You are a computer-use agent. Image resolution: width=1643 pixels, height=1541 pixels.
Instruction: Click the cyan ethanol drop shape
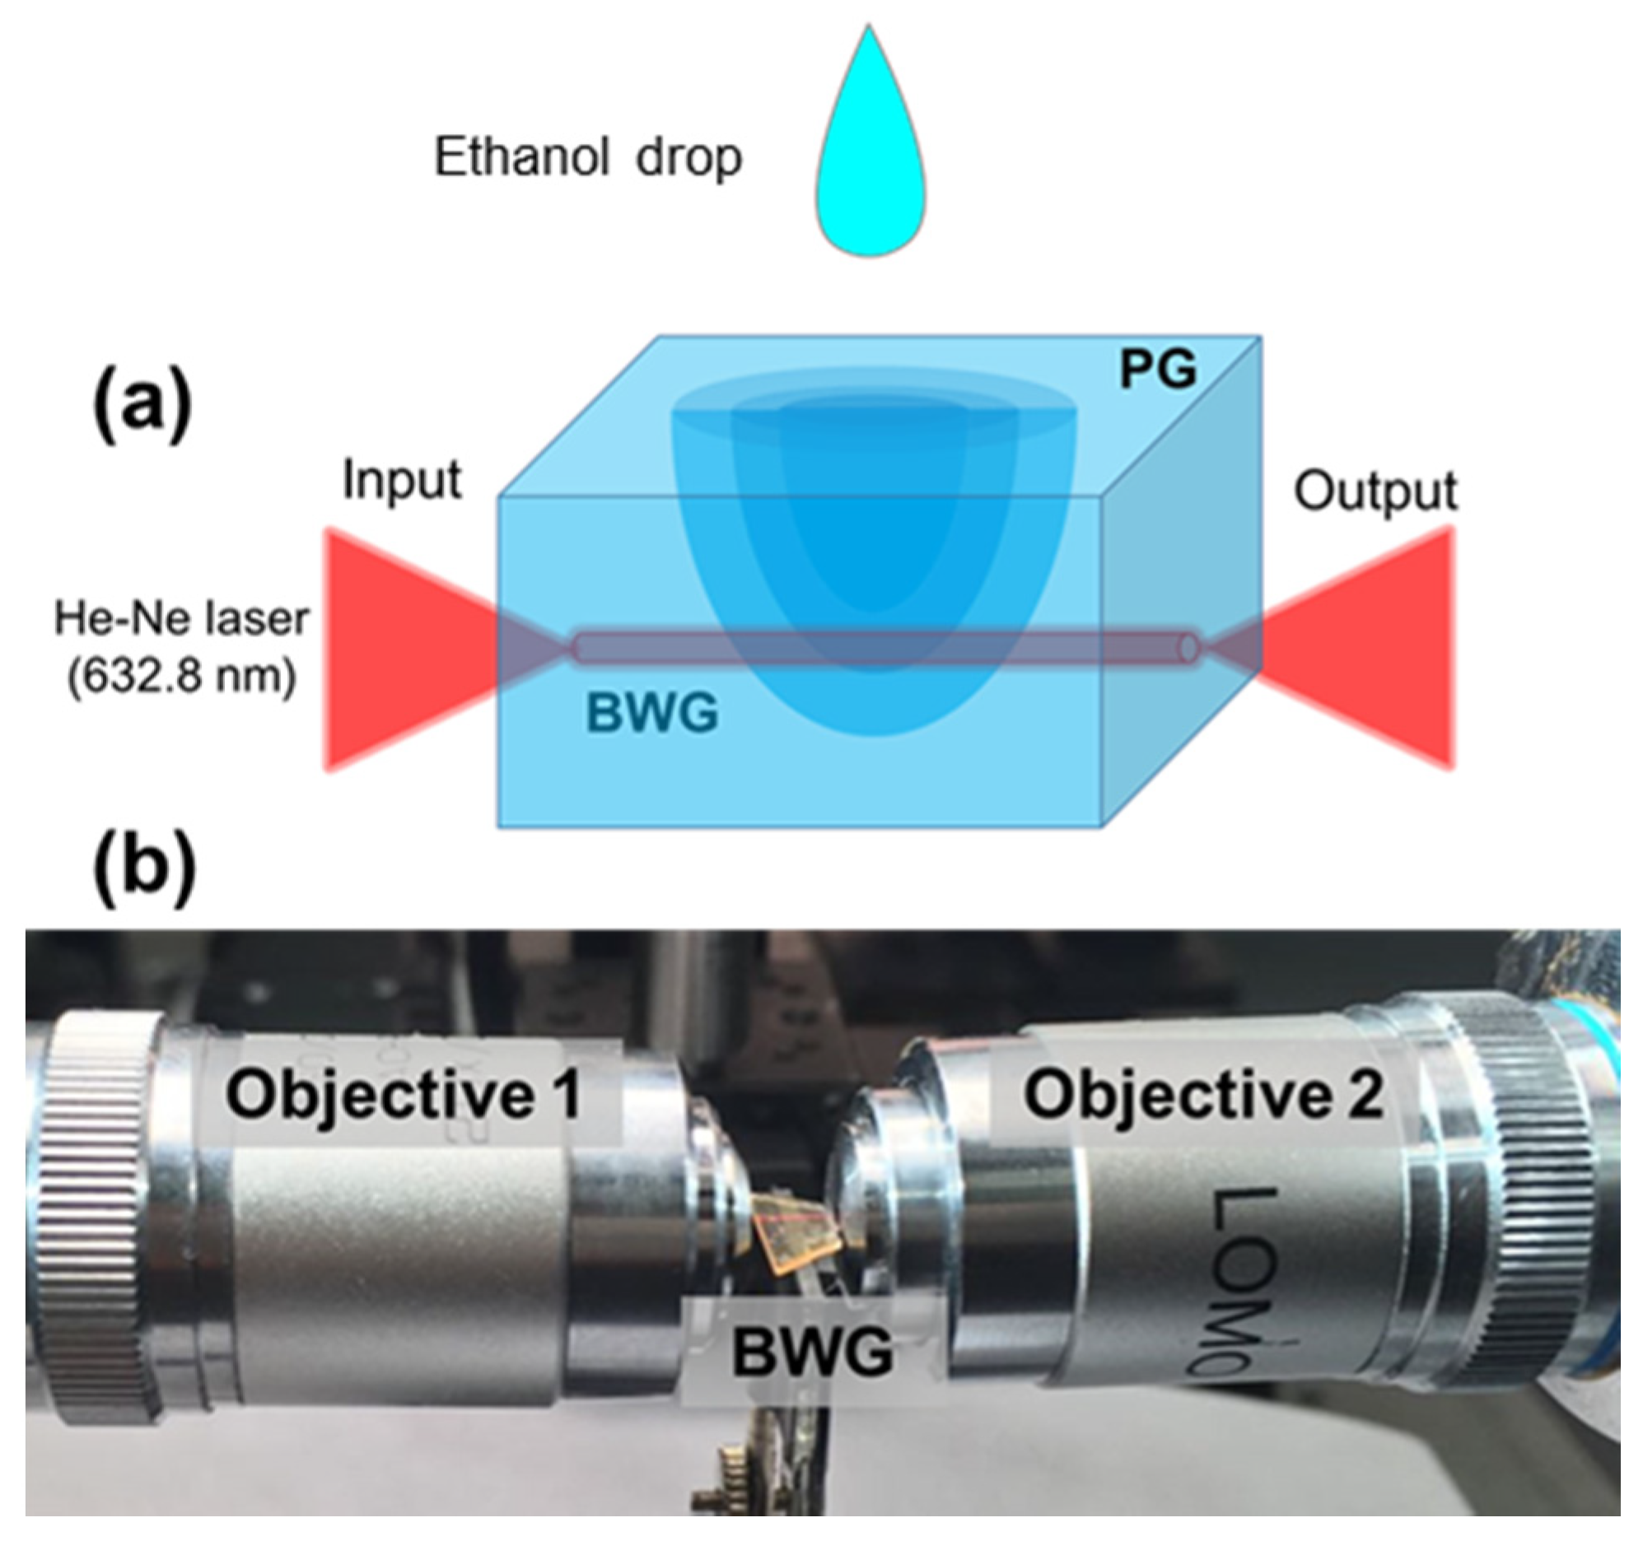point(871,165)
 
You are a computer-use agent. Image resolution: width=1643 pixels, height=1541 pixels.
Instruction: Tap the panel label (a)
point(142,407)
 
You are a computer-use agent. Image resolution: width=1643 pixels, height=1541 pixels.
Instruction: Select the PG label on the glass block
point(1157,370)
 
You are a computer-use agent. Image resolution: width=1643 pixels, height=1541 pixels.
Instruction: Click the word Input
point(402,479)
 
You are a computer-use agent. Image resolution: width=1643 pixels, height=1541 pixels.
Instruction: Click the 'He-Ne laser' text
point(182,618)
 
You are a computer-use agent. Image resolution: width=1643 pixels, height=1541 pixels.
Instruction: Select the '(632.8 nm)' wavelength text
point(182,677)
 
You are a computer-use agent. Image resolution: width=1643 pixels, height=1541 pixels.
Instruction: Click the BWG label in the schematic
point(652,712)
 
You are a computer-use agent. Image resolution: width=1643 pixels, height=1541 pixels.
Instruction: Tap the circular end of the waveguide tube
point(1188,648)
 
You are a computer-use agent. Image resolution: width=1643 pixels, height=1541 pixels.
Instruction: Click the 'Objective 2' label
point(1202,1095)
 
